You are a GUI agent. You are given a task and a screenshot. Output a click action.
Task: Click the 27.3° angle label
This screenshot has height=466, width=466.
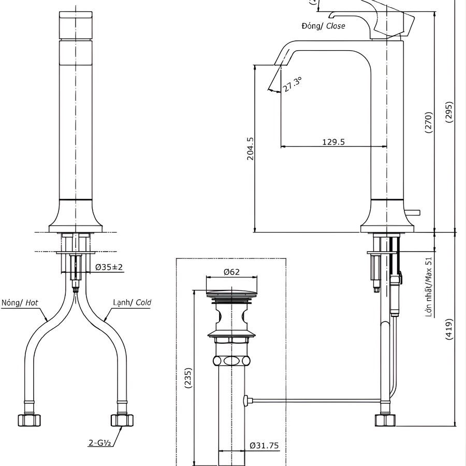point(292,84)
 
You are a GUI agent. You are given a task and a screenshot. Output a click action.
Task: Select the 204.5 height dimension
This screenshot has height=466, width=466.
point(250,148)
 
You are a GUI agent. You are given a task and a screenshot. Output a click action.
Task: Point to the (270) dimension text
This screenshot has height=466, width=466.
point(428,123)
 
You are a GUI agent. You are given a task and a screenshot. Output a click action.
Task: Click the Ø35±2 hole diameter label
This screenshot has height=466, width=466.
point(109,267)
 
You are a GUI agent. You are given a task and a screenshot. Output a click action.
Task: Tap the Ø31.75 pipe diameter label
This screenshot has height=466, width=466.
point(264,445)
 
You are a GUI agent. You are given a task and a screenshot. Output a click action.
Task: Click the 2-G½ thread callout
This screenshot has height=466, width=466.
point(100,443)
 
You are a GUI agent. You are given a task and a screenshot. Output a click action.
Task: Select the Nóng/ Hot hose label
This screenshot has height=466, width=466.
point(20,302)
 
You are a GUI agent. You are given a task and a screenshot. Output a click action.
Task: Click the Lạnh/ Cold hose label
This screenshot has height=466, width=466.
point(132,302)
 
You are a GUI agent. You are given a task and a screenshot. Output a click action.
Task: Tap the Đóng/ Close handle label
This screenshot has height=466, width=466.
point(323,25)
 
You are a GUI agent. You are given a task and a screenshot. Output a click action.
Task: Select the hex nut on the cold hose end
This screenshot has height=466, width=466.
point(122,419)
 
